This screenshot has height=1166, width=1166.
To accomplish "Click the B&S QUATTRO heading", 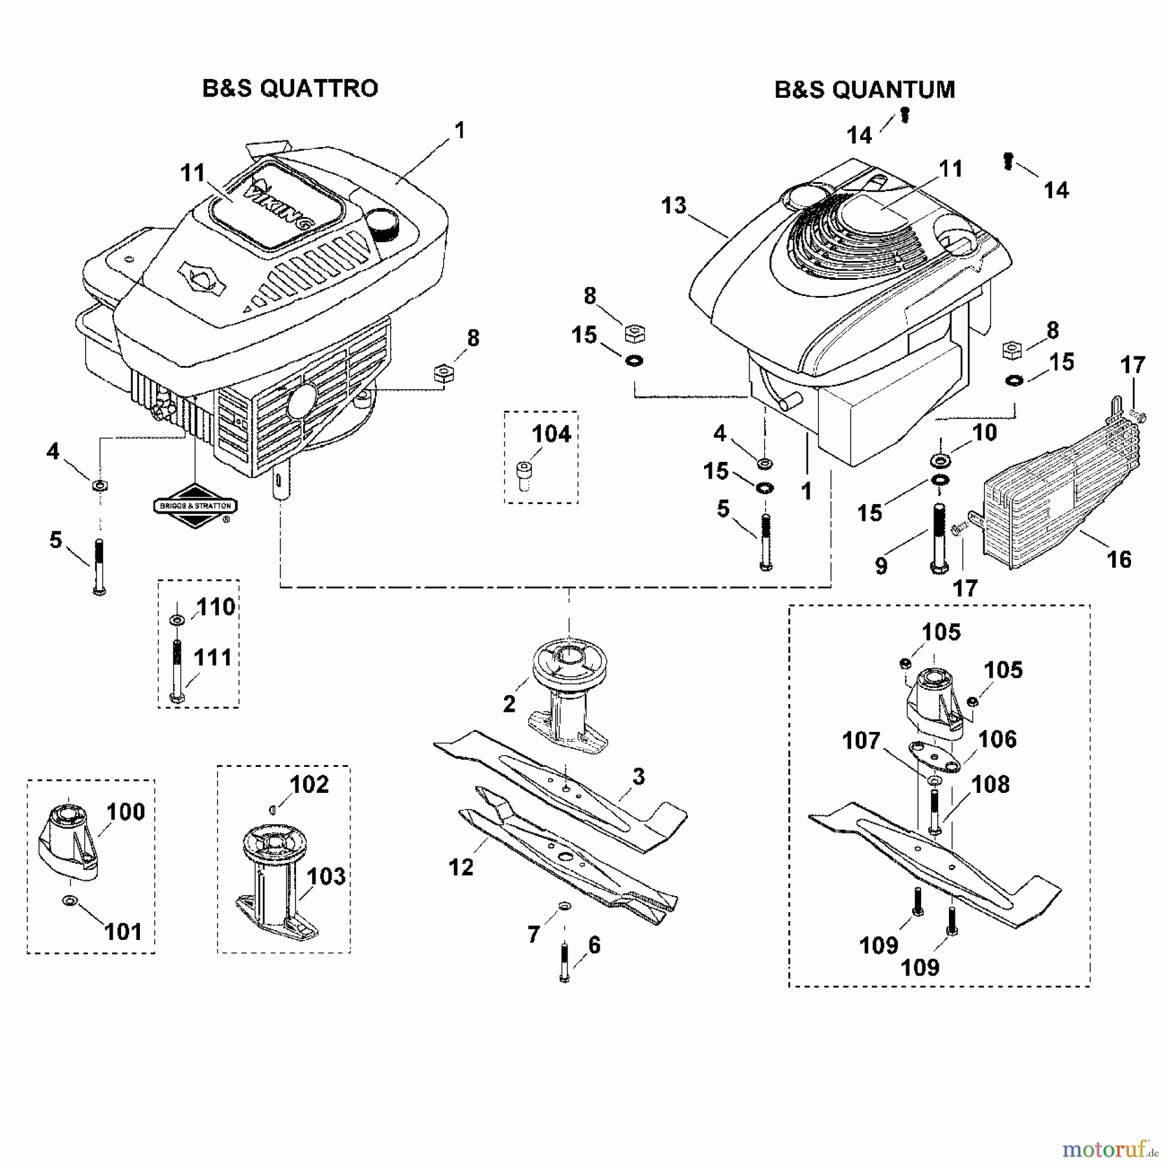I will (290, 89).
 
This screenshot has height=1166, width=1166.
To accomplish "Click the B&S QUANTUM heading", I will (865, 90).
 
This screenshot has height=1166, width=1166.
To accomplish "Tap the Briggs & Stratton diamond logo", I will (196, 506).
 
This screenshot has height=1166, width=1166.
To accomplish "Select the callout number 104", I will (551, 433).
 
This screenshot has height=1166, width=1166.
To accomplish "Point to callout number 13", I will (674, 206).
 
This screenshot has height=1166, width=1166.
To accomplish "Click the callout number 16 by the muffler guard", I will (1119, 559).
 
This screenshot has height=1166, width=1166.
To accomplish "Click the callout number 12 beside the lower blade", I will (461, 867).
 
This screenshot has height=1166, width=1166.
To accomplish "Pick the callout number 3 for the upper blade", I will (639, 776).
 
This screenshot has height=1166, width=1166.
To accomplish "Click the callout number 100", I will (126, 812).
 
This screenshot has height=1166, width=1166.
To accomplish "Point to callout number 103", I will (326, 876).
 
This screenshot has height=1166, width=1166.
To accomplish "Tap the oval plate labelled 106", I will (935, 758).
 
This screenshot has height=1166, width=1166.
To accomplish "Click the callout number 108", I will (990, 784).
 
